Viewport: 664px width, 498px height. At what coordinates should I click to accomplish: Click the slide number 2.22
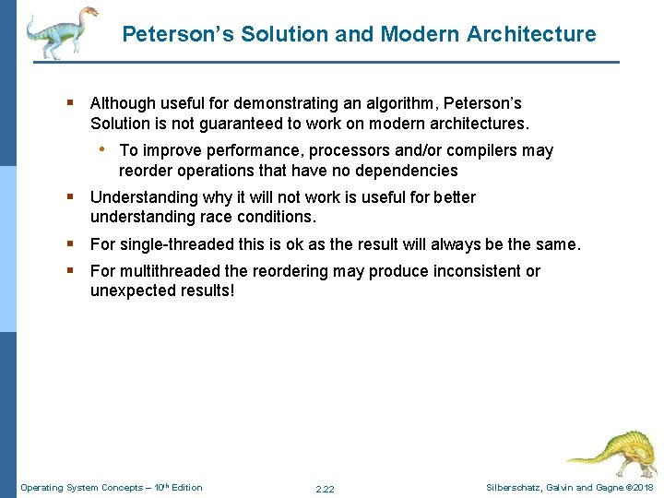(325, 488)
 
